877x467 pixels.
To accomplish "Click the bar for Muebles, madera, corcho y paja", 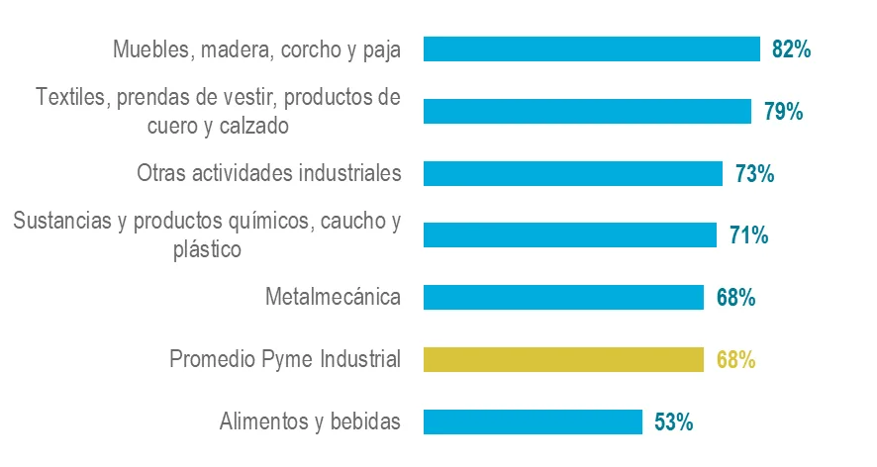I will [591, 49].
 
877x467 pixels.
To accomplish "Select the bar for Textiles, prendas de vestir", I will [587, 111].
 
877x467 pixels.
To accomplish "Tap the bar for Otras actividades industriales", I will [573, 173].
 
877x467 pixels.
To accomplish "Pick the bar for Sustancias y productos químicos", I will [569, 235].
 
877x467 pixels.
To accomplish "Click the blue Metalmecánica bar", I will [563, 297].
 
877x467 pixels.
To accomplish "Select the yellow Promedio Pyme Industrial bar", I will [563, 359].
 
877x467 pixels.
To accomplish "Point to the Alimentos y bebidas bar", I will [533, 421].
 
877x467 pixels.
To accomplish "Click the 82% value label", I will [792, 49].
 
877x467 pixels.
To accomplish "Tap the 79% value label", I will [783, 111].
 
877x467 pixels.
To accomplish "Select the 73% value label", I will [754, 174].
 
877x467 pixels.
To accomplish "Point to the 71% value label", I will [749, 235].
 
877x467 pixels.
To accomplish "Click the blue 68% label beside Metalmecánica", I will [735, 297].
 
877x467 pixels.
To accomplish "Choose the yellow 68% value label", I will [735, 359].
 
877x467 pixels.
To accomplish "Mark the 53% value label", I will [674, 421].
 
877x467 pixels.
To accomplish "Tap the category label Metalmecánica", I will [334, 297].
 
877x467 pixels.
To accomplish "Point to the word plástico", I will [208, 248].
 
